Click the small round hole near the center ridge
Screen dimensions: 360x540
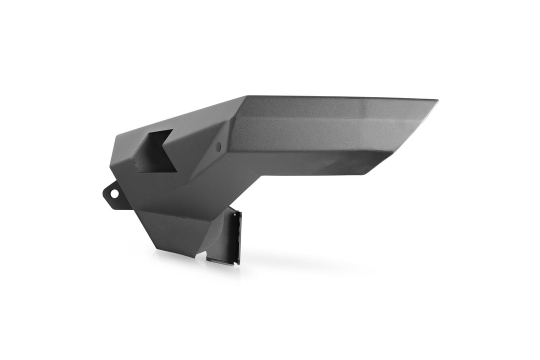[x=217, y=147]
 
